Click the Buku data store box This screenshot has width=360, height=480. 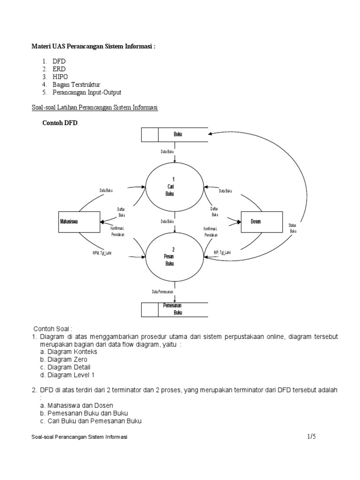(x=175, y=135)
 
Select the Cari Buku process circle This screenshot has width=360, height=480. (x=174, y=187)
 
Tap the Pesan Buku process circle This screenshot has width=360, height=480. (x=174, y=256)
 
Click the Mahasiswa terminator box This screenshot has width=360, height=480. (x=79, y=222)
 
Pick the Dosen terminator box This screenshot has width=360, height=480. (x=262, y=222)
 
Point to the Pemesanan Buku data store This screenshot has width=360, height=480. (x=175, y=309)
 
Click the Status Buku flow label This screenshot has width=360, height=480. (x=293, y=228)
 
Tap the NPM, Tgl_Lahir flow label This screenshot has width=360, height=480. (x=101, y=253)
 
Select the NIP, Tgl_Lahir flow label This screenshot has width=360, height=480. (x=222, y=253)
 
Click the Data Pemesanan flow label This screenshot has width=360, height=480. (x=163, y=292)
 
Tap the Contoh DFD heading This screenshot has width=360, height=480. (x=60, y=123)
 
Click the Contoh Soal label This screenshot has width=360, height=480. (x=53, y=329)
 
